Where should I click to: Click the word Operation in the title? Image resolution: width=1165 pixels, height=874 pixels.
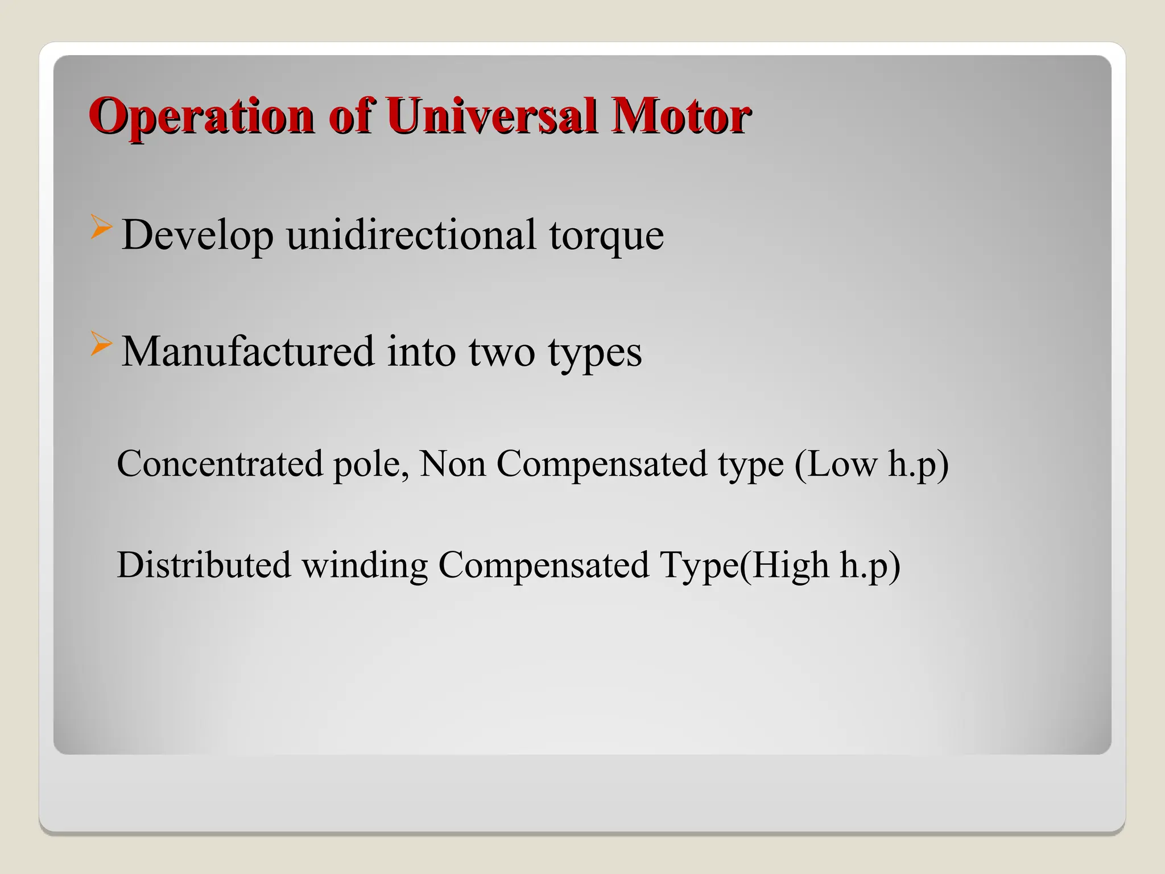click(x=201, y=117)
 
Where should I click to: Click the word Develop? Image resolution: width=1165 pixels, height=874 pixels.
click(x=197, y=234)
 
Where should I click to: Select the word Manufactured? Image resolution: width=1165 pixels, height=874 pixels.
click(x=248, y=351)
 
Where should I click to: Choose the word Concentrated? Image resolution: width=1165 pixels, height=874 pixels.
click(x=220, y=463)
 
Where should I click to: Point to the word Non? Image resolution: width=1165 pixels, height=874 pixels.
click(x=452, y=463)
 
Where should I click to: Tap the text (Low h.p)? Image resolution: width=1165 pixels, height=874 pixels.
click(x=871, y=464)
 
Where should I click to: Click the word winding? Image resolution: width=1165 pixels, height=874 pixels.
click(x=364, y=566)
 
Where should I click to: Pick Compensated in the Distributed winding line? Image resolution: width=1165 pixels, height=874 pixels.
click(x=543, y=566)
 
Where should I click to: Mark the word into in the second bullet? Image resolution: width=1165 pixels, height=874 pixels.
click(x=421, y=351)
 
